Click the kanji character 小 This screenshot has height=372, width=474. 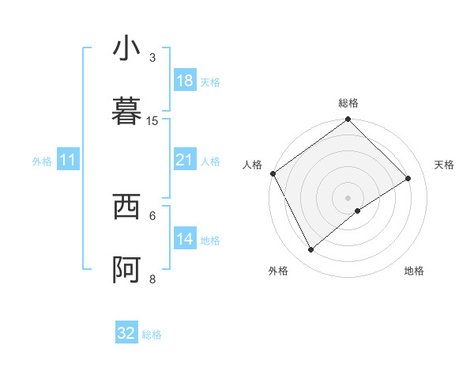click(126, 49)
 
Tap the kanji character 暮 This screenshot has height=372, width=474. click(126, 112)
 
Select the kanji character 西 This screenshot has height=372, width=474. click(126, 207)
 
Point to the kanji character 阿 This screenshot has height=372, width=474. click(126, 270)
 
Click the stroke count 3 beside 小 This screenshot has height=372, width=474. click(152, 57)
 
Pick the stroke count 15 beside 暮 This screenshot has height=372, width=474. click(152, 120)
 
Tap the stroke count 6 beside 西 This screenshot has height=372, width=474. click(152, 215)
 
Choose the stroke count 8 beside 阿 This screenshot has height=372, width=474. click(152, 279)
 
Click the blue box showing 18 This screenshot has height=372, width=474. click(185, 81)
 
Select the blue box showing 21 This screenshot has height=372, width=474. click(185, 160)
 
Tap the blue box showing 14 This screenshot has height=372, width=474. click(185, 239)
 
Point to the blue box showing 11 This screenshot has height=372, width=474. click(68, 161)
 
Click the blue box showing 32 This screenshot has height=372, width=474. click(126, 333)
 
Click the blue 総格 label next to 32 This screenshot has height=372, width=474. click(152, 335)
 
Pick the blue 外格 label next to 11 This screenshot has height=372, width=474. click(42, 161)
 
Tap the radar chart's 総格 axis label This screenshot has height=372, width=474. click(348, 103)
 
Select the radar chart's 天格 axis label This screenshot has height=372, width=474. click(445, 165)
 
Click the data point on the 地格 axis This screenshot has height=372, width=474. click(358, 211)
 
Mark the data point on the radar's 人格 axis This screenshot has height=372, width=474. click(273, 173)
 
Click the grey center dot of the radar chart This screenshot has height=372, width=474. click(348, 197)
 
